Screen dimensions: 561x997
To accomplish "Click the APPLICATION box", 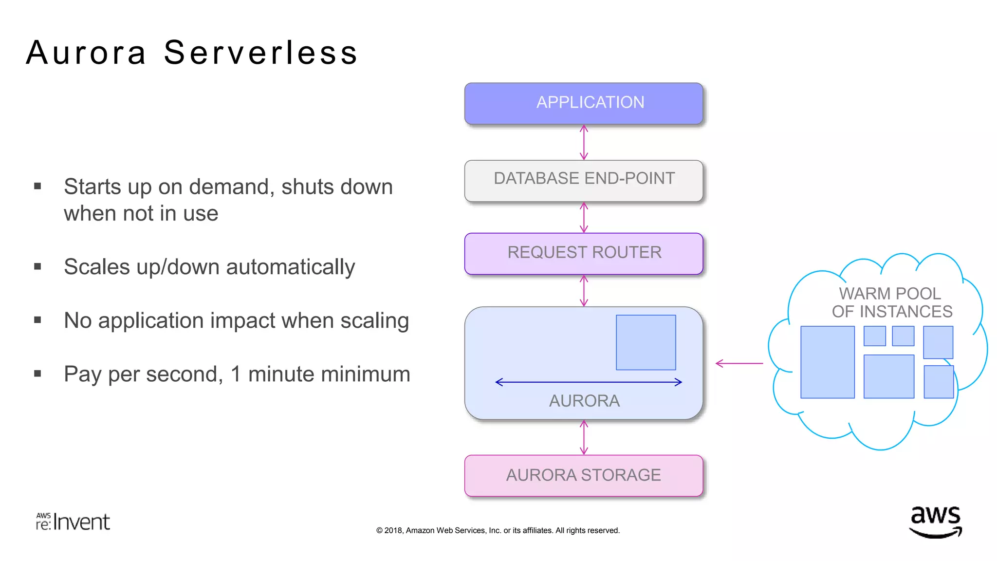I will point(584,103).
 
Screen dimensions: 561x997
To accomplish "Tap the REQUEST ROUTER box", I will point(584,253).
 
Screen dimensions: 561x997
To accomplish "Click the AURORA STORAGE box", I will point(584,475).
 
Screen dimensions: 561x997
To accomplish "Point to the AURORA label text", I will point(584,401).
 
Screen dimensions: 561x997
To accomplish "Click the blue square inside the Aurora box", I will point(646,342).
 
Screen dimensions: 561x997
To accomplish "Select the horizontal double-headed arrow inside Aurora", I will point(588,382).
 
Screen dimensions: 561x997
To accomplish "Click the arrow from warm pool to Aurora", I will point(739,363).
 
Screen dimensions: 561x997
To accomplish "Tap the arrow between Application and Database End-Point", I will point(584,142).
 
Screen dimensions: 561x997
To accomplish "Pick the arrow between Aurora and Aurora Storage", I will point(584,437).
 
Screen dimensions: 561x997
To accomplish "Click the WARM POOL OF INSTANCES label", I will point(891,302).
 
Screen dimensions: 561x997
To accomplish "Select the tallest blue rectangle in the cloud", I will point(827,362).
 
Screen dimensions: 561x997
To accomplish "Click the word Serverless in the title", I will point(261,53).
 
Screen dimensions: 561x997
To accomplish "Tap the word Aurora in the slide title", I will point(86,53).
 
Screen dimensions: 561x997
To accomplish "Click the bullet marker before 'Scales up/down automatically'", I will point(37,266).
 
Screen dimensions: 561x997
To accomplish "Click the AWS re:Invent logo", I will point(73,522).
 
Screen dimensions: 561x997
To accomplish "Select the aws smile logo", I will point(935,522).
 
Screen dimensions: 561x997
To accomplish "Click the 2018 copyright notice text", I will point(498,530).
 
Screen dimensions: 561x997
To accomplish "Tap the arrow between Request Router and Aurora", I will point(584,291).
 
